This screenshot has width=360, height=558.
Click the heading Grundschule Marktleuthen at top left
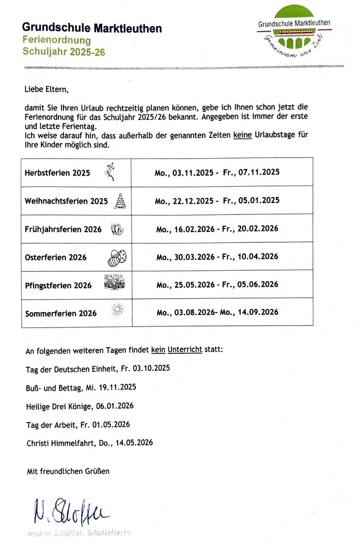92,28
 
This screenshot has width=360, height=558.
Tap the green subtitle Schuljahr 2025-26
64,51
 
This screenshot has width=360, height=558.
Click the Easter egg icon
118,257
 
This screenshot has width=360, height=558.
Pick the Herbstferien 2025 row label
57,173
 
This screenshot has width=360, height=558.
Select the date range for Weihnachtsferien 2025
217,200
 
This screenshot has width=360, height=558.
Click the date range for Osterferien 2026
217,257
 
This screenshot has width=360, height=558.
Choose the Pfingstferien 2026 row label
58,285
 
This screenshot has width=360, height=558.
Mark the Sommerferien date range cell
217,312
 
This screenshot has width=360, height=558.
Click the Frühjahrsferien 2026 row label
63,229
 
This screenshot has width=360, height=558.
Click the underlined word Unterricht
185,350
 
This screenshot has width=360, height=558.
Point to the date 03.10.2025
150,369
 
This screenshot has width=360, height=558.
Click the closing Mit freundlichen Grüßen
68,471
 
